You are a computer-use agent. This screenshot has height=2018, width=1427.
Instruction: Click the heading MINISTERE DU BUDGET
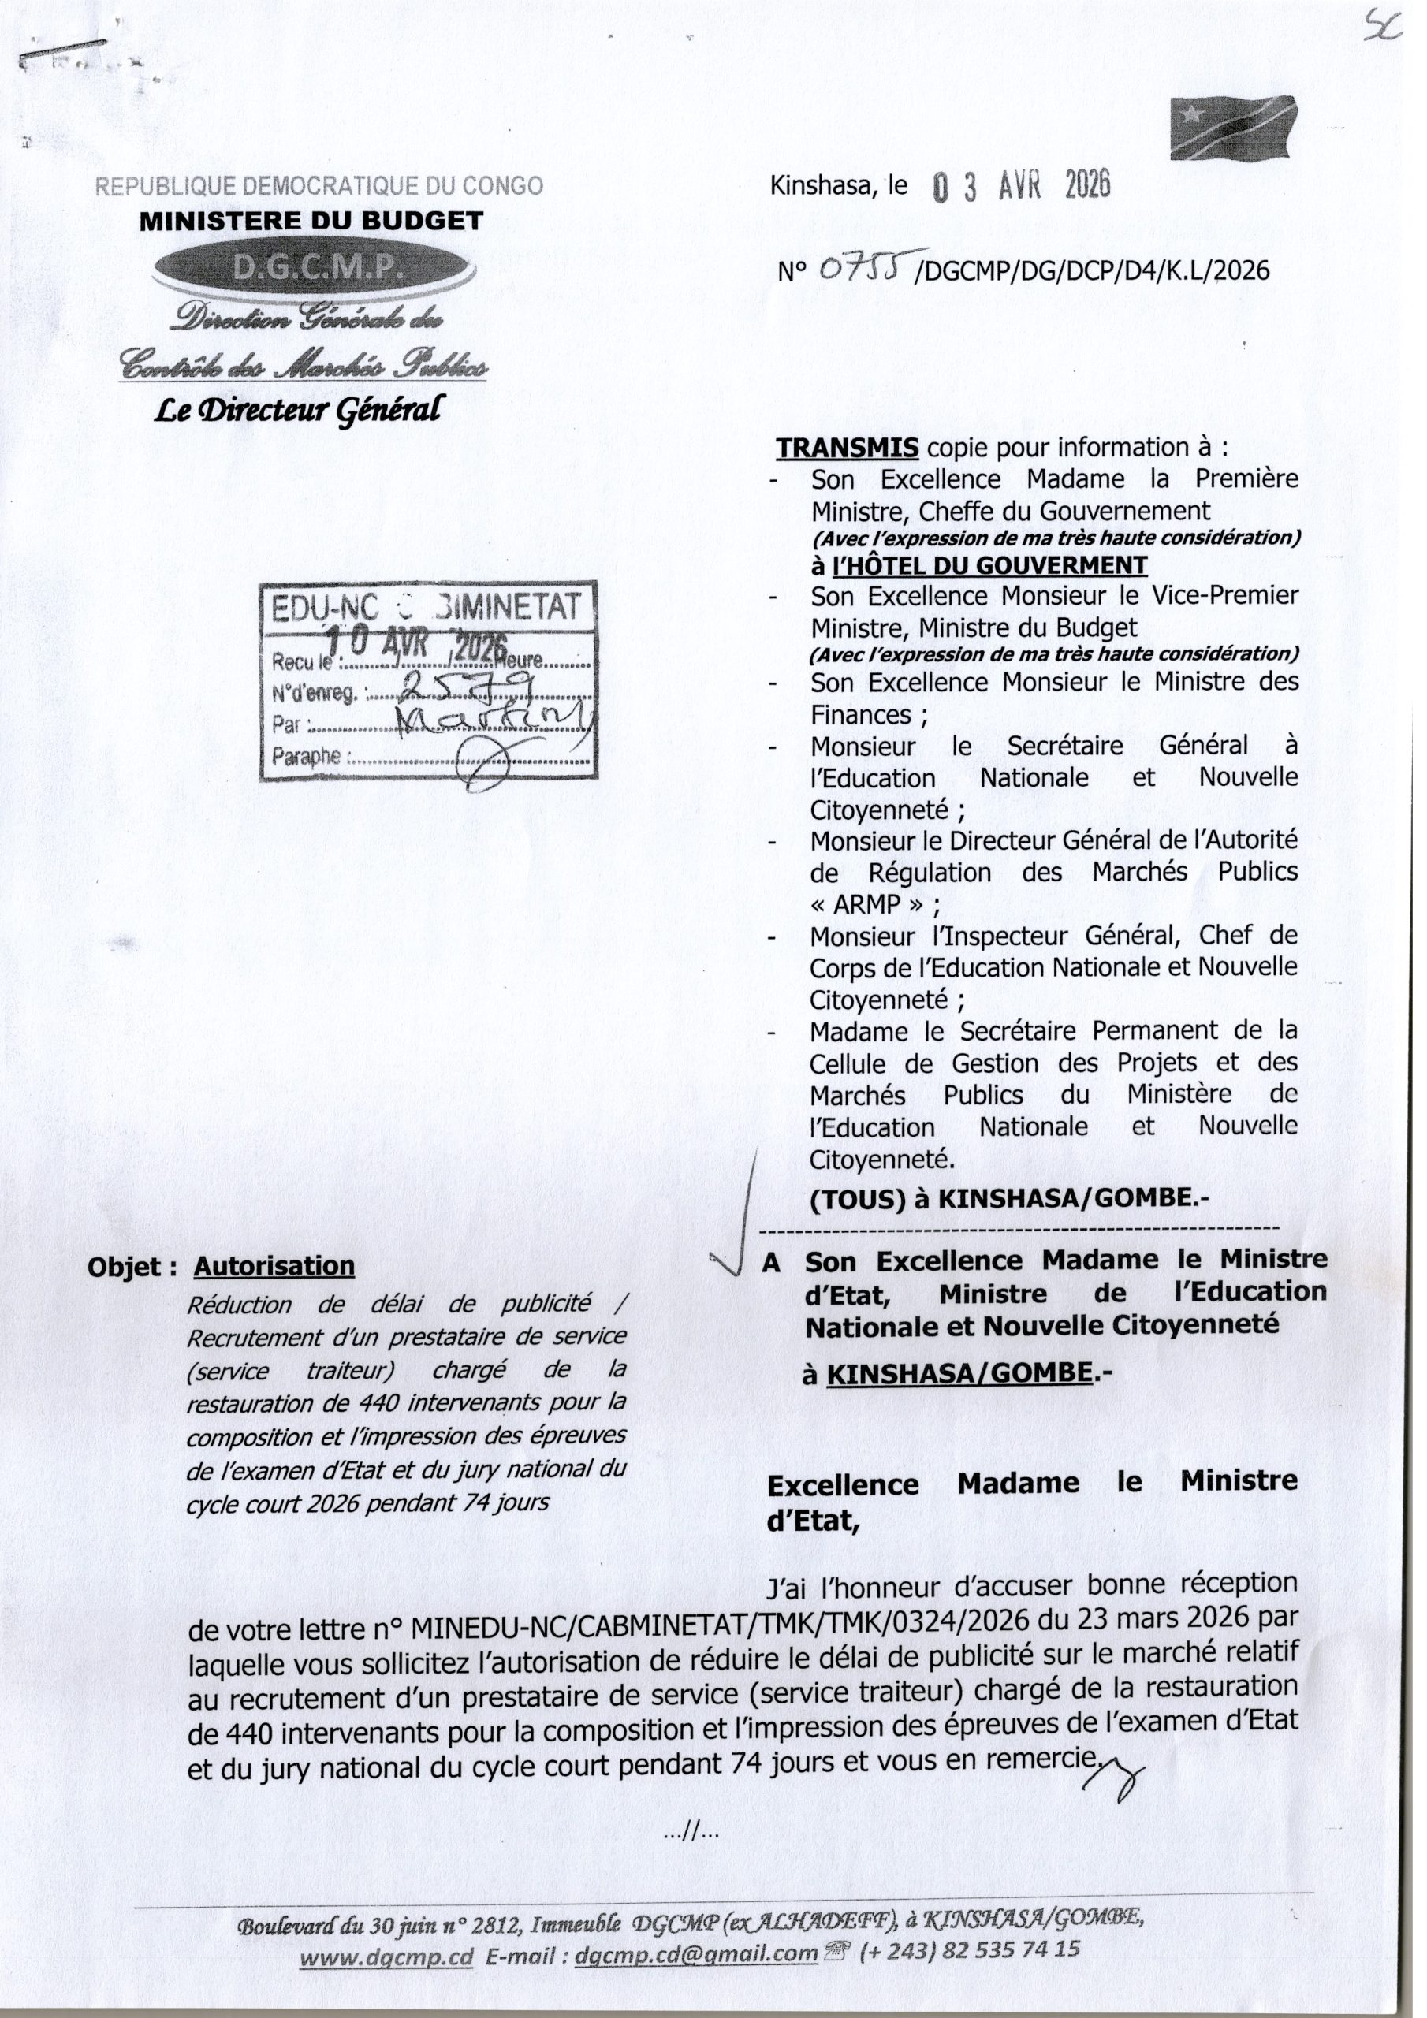[311, 221]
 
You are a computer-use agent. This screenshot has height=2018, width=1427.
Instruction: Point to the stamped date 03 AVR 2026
[1021, 186]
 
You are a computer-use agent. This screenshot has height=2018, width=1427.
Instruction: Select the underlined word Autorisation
[274, 1267]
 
